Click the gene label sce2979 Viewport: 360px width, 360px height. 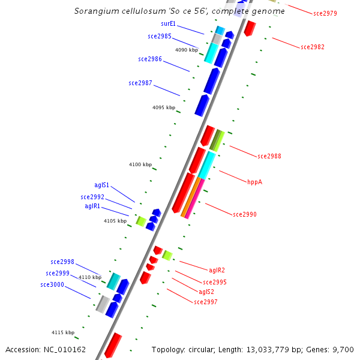click(x=325, y=13)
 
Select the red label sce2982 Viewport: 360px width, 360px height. click(x=312, y=47)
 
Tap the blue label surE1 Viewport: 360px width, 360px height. click(x=168, y=23)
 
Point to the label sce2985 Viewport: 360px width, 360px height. click(x=160, y=36)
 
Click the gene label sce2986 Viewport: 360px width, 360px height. click(x=150, y=59)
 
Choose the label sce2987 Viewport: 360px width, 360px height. click(x=140, y=82)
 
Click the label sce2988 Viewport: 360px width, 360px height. click(x=269, y=156)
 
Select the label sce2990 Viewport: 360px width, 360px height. click(x=245, y=214)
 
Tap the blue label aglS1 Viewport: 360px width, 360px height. click(x=101, y=185)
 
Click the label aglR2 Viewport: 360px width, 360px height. click(x=217, y=270)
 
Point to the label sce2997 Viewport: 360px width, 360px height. click(x=206, y=302)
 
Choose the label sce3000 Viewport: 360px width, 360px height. click(x=52, y=284)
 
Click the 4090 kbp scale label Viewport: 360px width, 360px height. click(x=187, y=50)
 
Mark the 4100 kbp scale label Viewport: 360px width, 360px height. click(x=140, y=164)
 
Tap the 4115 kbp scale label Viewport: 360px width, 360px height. click(x=63, y=332)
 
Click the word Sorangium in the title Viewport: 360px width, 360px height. click(x=95, y=11)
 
